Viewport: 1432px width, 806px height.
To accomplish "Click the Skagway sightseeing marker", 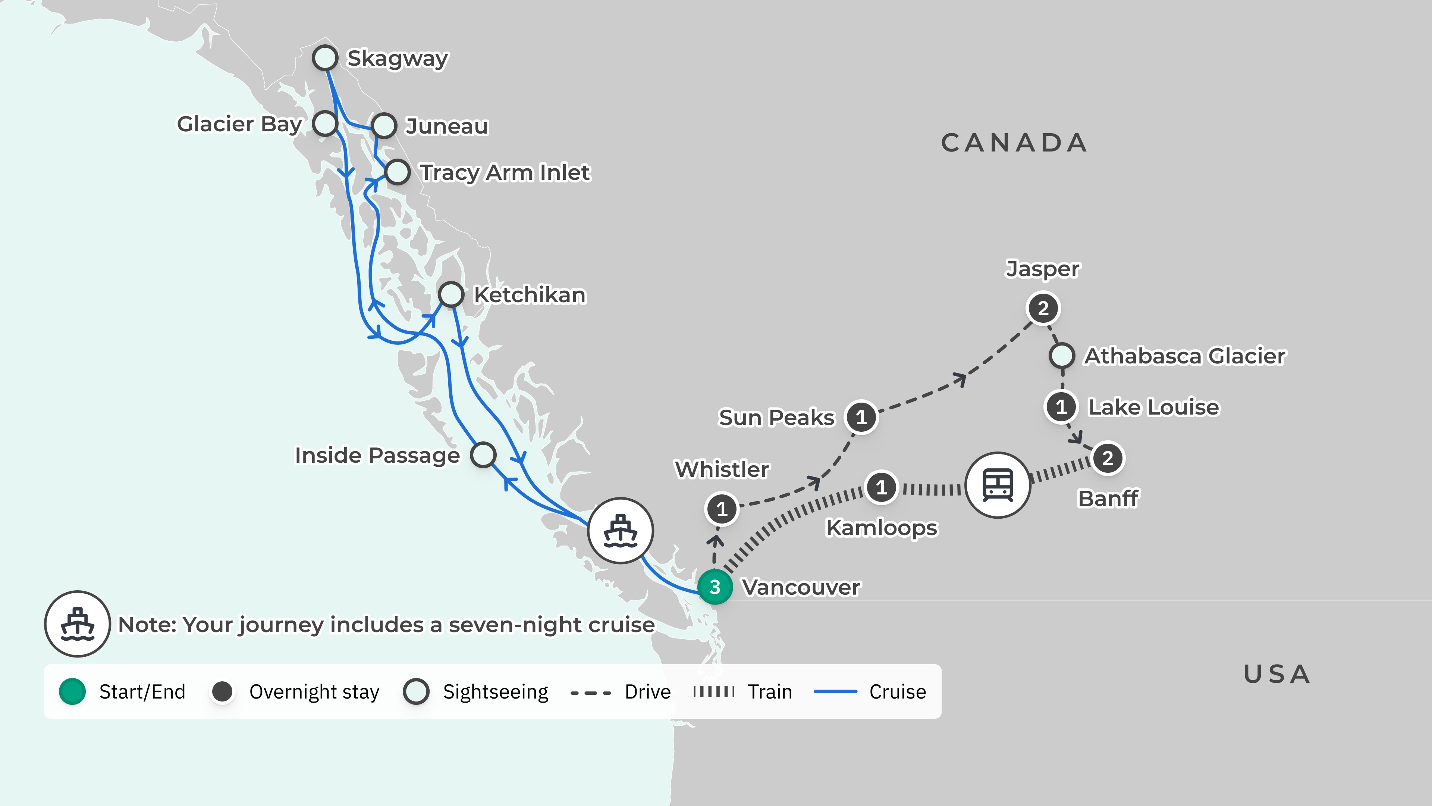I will [x=325, y=57].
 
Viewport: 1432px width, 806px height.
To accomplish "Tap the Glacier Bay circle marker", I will [x=325, y=123].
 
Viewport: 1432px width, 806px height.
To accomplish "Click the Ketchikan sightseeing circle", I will [x=451, y=294].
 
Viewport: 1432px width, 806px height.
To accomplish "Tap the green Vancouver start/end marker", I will [x=715, y=587].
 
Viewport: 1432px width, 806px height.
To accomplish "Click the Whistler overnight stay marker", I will [x=722, y=508].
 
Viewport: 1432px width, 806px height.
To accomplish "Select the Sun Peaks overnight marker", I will [x=861, y=417].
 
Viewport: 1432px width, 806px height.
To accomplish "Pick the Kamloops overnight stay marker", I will [x=881, y=487].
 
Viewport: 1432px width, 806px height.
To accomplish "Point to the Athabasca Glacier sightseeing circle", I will [x=1062, y=356].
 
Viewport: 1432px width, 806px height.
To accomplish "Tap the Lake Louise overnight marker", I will [x=1061, y=407].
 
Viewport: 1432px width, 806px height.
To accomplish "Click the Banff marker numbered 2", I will [x=1108, y=458].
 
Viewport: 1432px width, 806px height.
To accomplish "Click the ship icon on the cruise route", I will [x=621, y=531].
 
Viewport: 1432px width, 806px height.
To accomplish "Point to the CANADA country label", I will [x=1014, y=143].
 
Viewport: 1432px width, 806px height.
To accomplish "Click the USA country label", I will [x=1277, y=674].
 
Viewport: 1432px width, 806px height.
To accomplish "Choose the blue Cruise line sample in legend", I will [x=835, y=692].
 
